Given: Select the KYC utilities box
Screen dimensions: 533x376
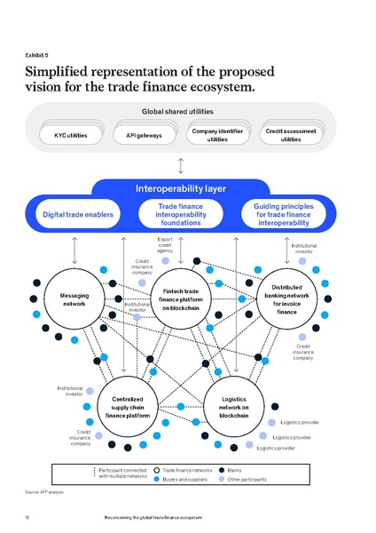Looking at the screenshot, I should [72, 135].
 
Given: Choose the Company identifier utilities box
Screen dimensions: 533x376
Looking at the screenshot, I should [217, 135].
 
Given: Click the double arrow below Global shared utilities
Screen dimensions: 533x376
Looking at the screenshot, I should [181, 165].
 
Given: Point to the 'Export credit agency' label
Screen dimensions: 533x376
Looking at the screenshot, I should [165, 244].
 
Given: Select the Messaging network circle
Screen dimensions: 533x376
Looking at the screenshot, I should [74, 298].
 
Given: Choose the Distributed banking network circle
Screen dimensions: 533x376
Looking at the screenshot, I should [286, 299].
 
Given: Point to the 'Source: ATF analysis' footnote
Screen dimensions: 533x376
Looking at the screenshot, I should [45, 491].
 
